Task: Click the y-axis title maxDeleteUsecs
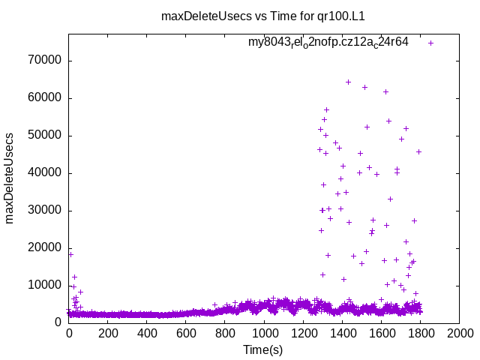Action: pyautogui.click(x=10, y=178)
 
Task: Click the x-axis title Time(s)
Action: pyautogui.click(x=263, y=349)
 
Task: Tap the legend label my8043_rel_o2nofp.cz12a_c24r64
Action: pyautogui.click(x=328, y=42)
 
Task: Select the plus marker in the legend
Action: pyautogui.click(x=430, y=43)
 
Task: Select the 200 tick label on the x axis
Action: pyautogui.click(x=108, y=334)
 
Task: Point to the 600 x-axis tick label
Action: pyautogui.click(x=186, y=334)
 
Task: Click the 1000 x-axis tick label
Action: pyautogui.click(x=264, y=334)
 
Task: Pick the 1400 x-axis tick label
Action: pyautogui.click(x=342, y=334)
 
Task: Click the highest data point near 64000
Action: pyautogui.click(x=348, y=82)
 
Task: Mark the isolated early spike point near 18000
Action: pyautogui.click(x=70, y=254)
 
